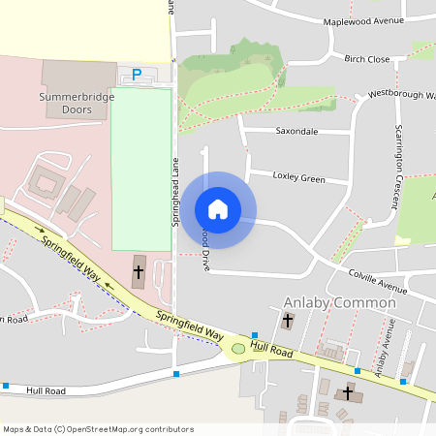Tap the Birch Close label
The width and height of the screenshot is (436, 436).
pyautogui.click(x=367, y=59)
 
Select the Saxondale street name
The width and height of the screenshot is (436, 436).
pyautogui.click(x=296, y=130)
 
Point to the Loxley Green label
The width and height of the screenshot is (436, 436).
pyautogui.click(x=299, y=178)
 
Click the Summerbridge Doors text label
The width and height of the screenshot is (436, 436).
pyautogui.click(x=78, y=104)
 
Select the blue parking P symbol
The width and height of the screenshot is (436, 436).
pyautogui.click(x=137, y=74)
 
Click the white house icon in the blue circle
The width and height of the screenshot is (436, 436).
pyautogui.click(x=218, y=209)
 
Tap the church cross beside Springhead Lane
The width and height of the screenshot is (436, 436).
pyautogui.click(x=138, y=273)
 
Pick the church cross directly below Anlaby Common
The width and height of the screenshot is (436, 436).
pyautogui.click(x=288, y=321)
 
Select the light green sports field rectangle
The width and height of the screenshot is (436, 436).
pyautogui.click(x=140, y=169)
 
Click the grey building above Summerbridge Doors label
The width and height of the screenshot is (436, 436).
pyautogui.click(x=78, y=76)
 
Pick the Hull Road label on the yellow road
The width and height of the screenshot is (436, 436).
pyautogui.click(x=271, y=350)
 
